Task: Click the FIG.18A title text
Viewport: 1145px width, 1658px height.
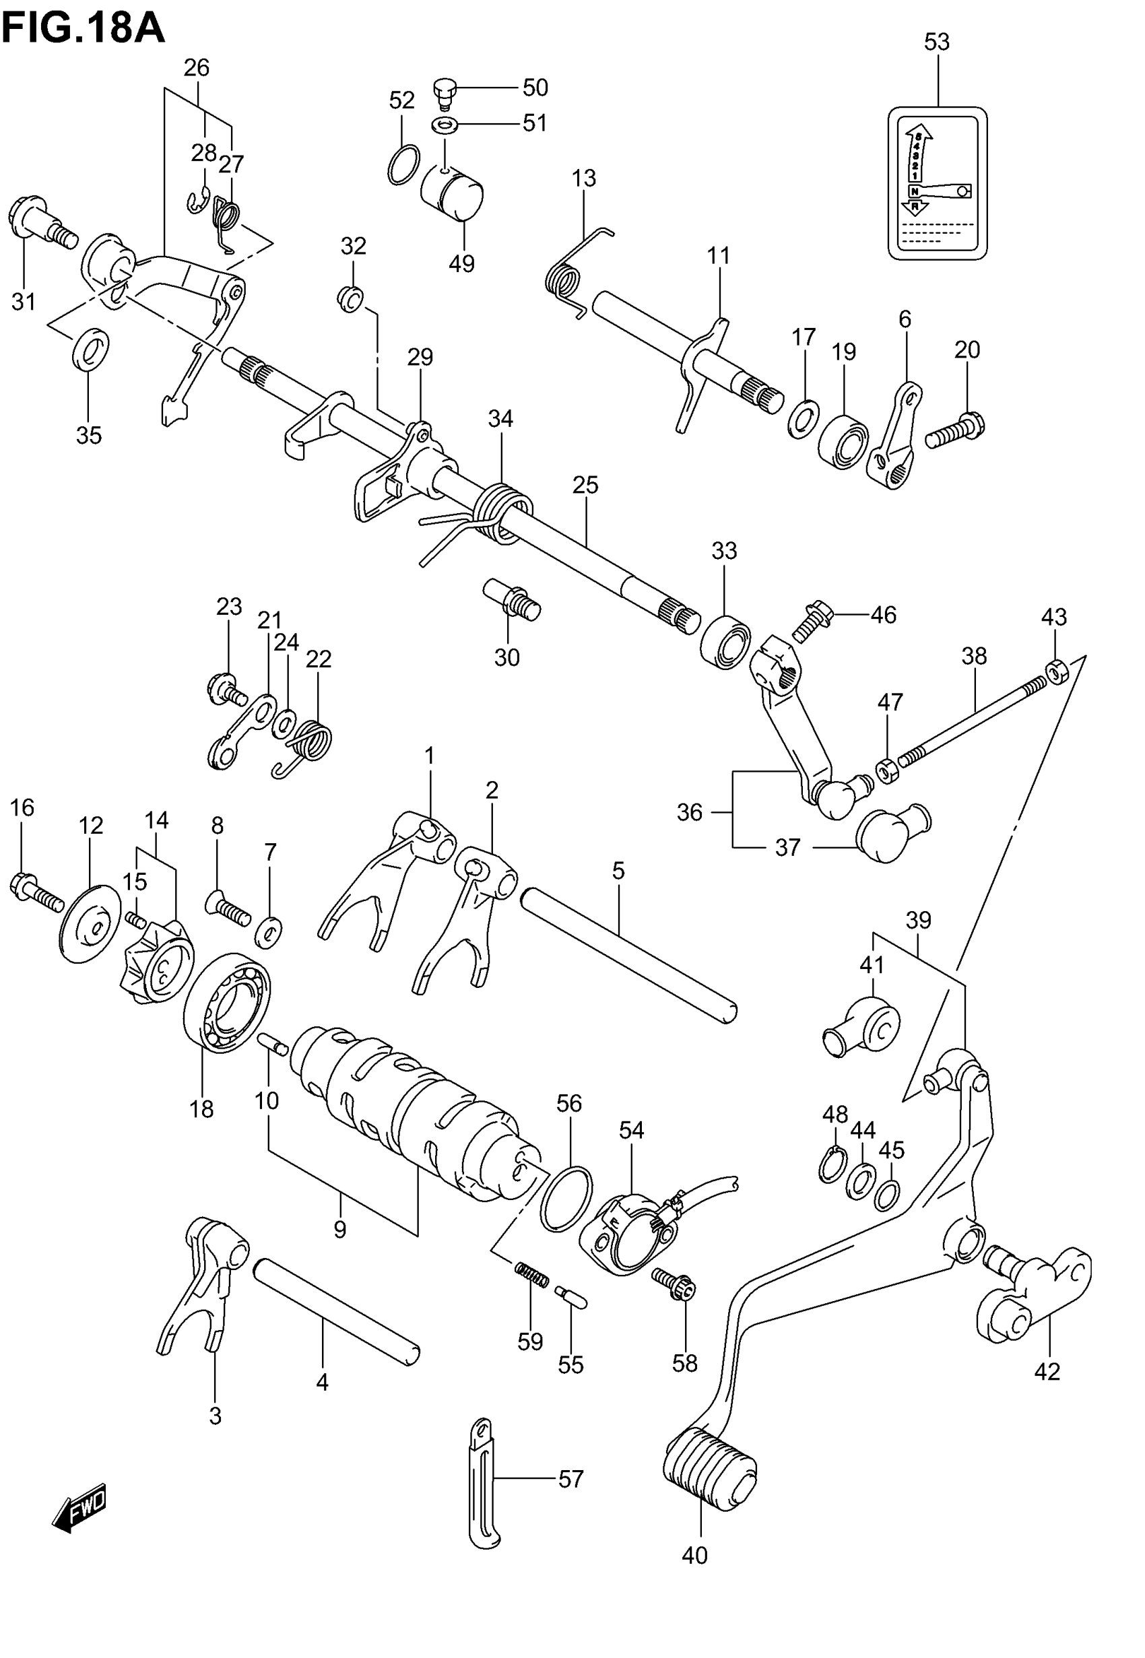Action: tap(82, 30)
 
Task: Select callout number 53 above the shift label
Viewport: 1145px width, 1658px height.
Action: tap(936, 42)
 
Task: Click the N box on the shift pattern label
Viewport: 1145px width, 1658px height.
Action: tap(914, 191)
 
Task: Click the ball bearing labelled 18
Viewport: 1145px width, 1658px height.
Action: tap(227, 1002)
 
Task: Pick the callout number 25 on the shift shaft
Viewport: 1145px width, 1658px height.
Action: tap(585, 486)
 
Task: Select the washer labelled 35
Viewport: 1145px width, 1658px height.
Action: tap(90, 347)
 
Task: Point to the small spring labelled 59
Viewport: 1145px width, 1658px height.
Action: tap(531, 1275)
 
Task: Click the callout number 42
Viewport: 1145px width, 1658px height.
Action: tap(1047, 1371)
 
